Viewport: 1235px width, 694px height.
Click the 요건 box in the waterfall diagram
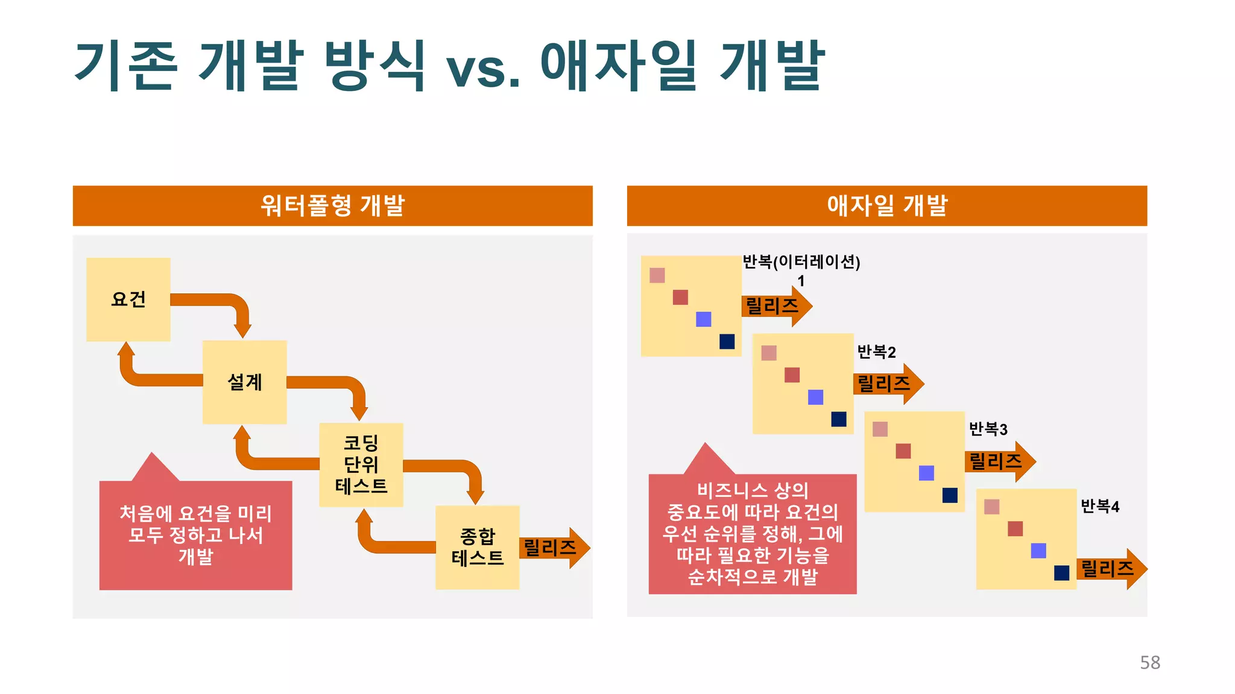pyautogui.click(x=128, y=299)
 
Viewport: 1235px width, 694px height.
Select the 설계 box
pyautogui.click(x=244, y=382)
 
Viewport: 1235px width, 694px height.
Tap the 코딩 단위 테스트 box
pyautogui.click(x=361, y=464)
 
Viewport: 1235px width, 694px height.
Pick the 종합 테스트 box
pyautogui.click(x=477, y=547)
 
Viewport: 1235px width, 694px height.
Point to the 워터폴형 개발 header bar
pyautogui.click(x=332, y=205)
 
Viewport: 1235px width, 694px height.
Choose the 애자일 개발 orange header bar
pyautogui.click(x=886, y=205)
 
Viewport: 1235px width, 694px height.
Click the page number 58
pyautogui.click(x=1149, y=663)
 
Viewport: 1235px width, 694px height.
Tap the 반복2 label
pyautogui.click(x=876, y=352)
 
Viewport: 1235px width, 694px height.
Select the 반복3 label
pyautogui.click(x=988, y=429)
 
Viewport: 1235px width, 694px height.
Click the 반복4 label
pyautogui.click(x=1099, y=507)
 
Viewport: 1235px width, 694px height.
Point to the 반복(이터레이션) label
pyautogui.click(x=801, y=262)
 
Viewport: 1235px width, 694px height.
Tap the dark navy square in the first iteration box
pyautogui.click(x=727, y=342)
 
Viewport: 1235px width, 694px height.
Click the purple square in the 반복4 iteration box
pyautogui.click(x=1038, y=551)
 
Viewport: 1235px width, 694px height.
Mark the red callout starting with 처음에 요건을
pyautogui.click(x=195, y=534)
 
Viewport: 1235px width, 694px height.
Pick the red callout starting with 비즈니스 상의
pyautogui.click(x=752, y=533)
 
